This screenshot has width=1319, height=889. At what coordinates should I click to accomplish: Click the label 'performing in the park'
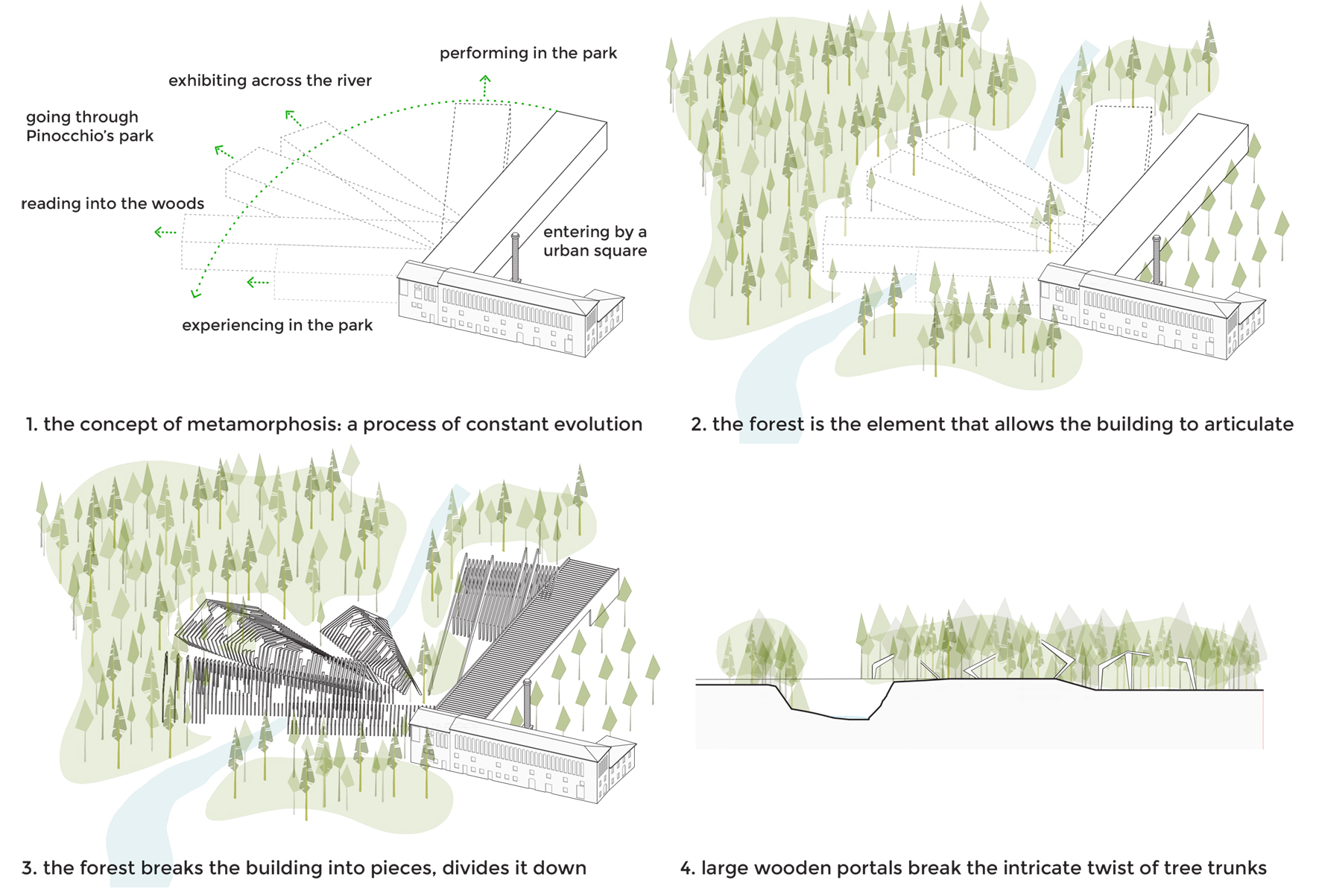click(x=528, y=53)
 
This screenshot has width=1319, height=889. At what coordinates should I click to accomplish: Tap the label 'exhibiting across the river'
click(x=270, y=81)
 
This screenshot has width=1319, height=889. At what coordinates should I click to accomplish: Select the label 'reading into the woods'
click(x=113, y=204)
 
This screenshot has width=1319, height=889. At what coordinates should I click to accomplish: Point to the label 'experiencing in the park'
click(x=277, y=325)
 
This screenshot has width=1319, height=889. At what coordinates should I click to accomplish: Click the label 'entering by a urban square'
click(x=595, y=241)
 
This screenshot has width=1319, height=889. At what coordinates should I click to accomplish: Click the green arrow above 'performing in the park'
click(x=485, y=85)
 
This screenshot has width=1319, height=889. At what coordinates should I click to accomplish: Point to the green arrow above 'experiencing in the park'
click(x=258, y=283)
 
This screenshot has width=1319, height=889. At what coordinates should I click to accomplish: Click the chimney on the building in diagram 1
click(x=515, y=257)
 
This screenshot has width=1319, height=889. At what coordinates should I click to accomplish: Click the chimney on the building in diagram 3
click(x=528, y=703)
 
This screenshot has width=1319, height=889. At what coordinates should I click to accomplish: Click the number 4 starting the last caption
click(x=686, y=868)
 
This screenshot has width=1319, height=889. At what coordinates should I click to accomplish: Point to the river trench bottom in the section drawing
click(x=831, y=715)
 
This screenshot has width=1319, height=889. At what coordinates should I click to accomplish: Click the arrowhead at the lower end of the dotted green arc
click(x=196, y=293)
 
